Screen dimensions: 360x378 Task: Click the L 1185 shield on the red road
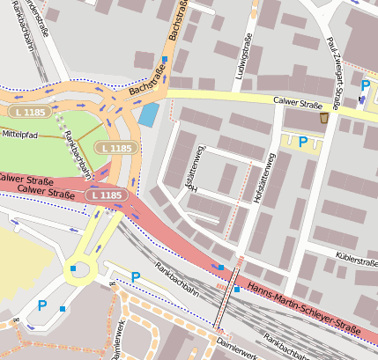104,195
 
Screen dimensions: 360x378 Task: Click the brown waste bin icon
324,117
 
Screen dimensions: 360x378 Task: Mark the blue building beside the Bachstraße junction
150,114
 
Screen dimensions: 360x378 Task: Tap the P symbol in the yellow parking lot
303,141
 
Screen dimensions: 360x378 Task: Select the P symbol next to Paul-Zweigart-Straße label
365,85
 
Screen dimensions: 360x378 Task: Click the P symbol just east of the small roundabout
136,277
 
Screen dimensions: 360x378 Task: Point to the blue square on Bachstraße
163,60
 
